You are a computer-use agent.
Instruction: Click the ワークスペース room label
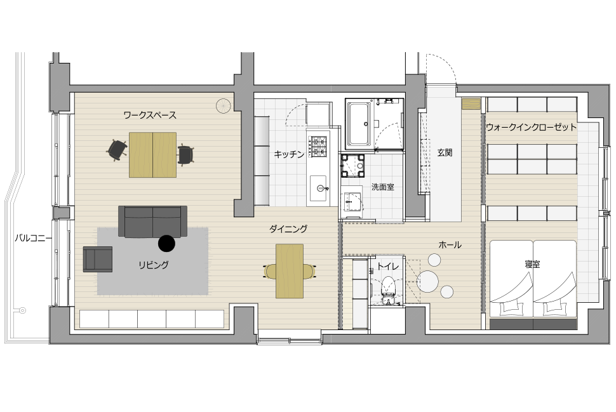pyautogui.click(x=150, y=115)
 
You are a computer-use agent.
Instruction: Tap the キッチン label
pyautogui.click(x=289, y=154)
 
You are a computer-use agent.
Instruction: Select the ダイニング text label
pyautogui.click(x=288, y=229)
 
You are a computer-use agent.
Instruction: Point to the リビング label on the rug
pyautogui.click(x=153, y=265)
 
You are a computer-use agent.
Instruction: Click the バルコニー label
pyautogui.click(x=33, y=238)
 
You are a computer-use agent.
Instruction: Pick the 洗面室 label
pyautogui.click(x=383, y=187)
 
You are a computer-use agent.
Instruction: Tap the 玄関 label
pyautogui.click(x=445, y=153)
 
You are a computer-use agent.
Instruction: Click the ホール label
pyautogui.click(x=450, y=244)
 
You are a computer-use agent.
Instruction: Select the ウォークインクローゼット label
pyautogui.click(x=531, y=127)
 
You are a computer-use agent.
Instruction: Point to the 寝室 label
pyautogui.click(x=532, y=264)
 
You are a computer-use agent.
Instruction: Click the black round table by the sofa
pyautogui.click(x=166, y=243)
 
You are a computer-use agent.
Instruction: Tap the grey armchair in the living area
pyautogui.click(x=97, y=259)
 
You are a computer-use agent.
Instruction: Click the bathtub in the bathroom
pyautogui.click(x=360, y=124)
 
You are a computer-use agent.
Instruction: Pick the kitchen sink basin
pyautogui.click(x=318, y=188)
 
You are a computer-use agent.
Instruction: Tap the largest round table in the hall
pyautogui.click(x=427, y=281)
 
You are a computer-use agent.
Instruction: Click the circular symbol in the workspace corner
pyautogui.click(x=223, y=105)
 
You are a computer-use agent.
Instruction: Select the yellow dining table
pyautogui.click(x=290, y=271)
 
